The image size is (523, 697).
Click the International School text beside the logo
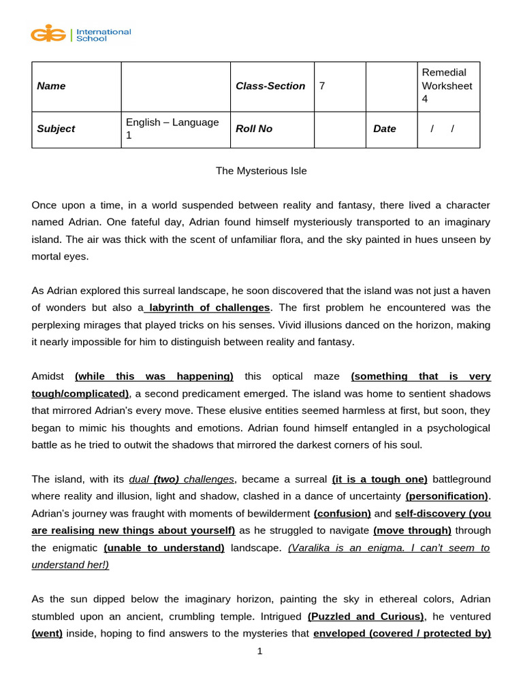click(103, 35)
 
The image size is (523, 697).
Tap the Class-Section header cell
click(270, 86)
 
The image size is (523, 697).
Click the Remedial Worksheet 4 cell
click(447, 86)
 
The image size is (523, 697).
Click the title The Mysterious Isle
click(261, 171)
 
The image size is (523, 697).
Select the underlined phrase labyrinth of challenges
click(209, 308)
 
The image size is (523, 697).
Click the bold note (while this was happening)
click(154, 376)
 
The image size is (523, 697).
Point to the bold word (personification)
click(447, 496)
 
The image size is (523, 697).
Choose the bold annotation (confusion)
click(342, 513)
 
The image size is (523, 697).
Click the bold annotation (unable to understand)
click(164, 547)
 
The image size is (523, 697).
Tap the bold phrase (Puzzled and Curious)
click(366, 616)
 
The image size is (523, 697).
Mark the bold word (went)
click(47, 633)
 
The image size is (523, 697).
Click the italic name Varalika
click(310, 547)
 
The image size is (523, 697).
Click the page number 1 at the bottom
click(259, 651)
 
